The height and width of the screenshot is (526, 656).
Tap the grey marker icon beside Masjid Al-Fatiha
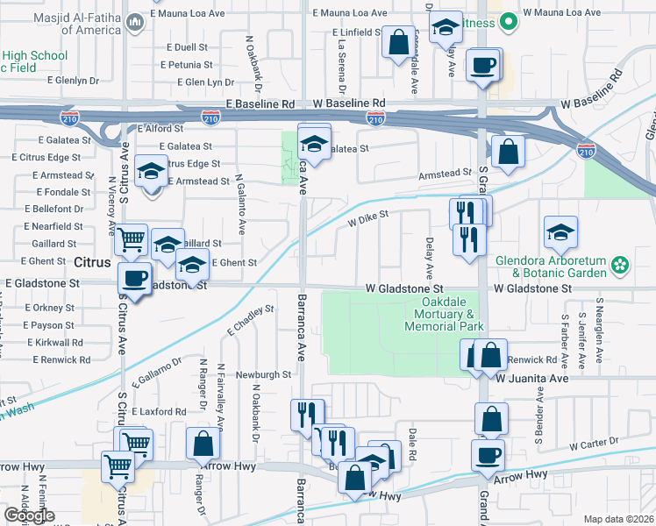134,22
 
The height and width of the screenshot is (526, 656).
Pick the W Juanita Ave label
532,378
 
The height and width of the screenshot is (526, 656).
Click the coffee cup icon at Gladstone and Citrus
134,278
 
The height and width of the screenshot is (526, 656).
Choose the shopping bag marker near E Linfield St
398,41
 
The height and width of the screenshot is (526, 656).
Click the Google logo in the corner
29,515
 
